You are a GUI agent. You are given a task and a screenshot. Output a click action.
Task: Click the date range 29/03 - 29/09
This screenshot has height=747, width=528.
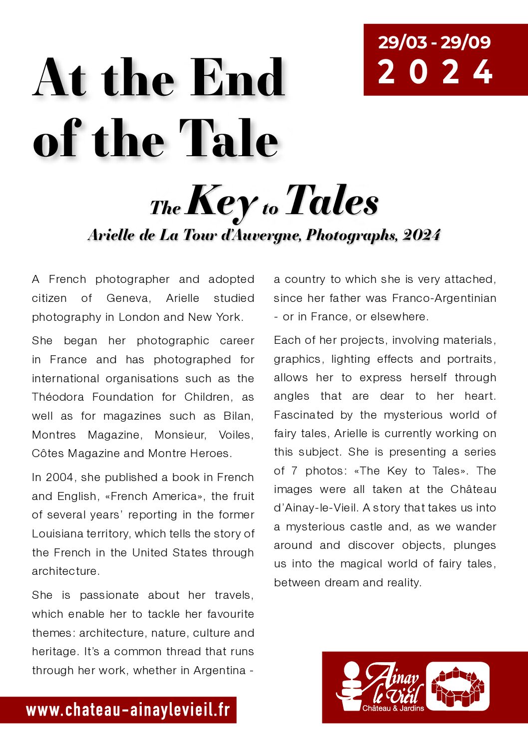point(434,42)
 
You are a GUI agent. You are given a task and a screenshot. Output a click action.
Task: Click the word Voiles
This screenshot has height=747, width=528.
point(236,435)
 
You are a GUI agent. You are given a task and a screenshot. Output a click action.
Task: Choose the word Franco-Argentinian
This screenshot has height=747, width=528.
point(444,298)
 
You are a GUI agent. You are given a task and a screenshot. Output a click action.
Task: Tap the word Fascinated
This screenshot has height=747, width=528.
point(303,415)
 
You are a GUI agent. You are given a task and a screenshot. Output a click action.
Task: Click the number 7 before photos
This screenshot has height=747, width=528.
point(294,471)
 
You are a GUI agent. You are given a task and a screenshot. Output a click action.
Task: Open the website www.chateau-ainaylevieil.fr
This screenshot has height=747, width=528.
point(128,710)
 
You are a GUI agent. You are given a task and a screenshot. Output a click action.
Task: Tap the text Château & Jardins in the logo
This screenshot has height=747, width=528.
point(393,708)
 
